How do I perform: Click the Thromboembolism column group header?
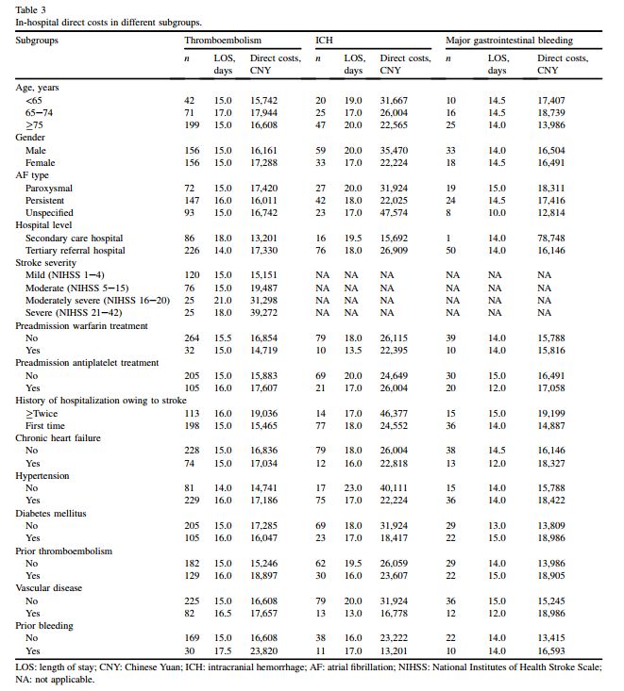(x=223, y=41)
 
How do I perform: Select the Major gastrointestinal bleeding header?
(x=509, y=41)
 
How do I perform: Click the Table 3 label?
(x=31, y=8)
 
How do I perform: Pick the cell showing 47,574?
(x=394, y=213)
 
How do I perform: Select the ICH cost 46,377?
(x=394, y=413)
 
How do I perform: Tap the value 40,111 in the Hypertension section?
(x=394, y=488)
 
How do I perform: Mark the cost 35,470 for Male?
(x=394, y=150)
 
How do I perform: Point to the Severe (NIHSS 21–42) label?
(x=75, y=313)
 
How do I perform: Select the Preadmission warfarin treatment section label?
(x=82, y=325)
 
